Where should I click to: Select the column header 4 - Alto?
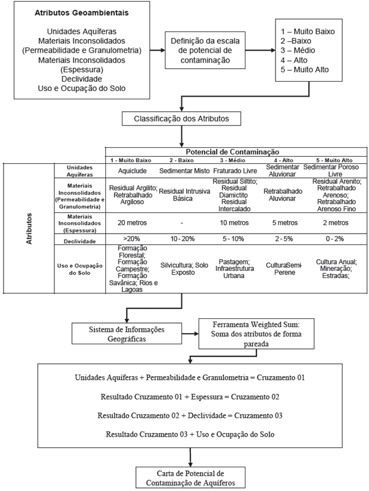280,160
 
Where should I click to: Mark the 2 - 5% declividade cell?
280,239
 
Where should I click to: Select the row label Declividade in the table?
81,240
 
